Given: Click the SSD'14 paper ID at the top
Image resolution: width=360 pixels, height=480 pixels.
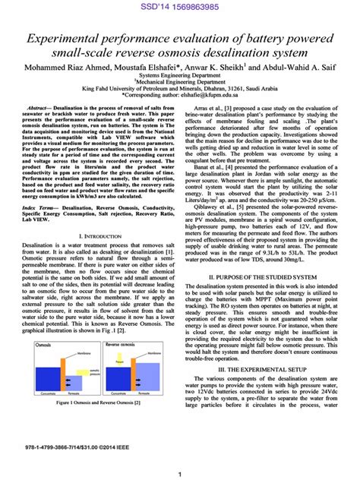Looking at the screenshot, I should [180, 7].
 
